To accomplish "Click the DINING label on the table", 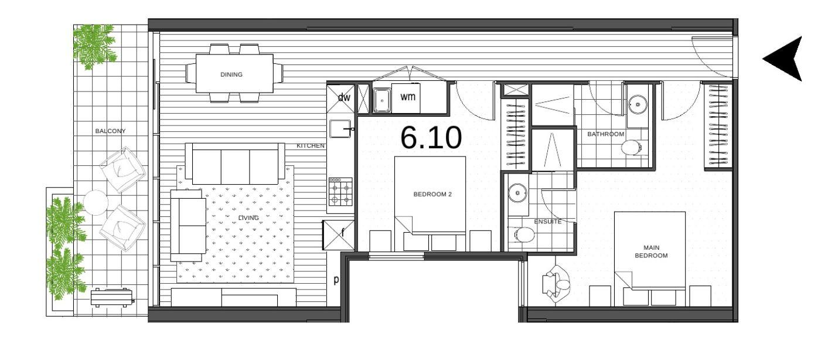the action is [x=231, y=74].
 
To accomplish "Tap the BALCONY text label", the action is [x=111, y=131].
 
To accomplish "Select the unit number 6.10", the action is [x=431, y=138].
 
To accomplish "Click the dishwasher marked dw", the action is [x=341, y=99].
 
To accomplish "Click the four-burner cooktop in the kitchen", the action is [x=340, y=192].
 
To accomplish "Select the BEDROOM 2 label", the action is [x=432, y=194].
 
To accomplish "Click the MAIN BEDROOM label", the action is [x=651, y=252].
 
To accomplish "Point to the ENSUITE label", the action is [x=548, y=222].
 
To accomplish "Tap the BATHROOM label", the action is [x=606, y=134].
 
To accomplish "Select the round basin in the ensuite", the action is [x=518, y=193].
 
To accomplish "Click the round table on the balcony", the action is [x=96, y=202].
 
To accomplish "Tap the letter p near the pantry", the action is [x=336, y=280].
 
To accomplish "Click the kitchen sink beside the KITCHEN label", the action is [x=340, y=129].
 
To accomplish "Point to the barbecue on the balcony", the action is [x=113, y=297].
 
